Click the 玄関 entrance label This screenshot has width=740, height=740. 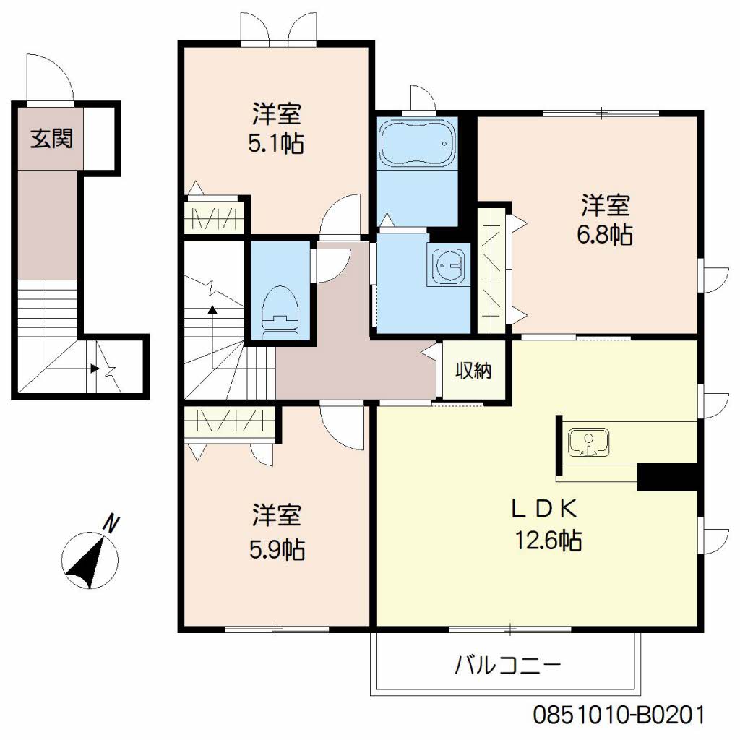tap(51, 138)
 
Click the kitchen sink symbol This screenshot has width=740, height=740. tap(588, 442)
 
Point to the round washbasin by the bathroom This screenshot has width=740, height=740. tap(448, 266)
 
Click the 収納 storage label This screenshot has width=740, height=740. tap(473, 371)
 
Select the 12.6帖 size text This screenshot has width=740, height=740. tap(548, 540)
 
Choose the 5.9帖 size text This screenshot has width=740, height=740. tap(277, 550)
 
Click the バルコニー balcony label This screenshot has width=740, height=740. tap(507, 664)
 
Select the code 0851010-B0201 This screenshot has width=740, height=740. tap(618, 715)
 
